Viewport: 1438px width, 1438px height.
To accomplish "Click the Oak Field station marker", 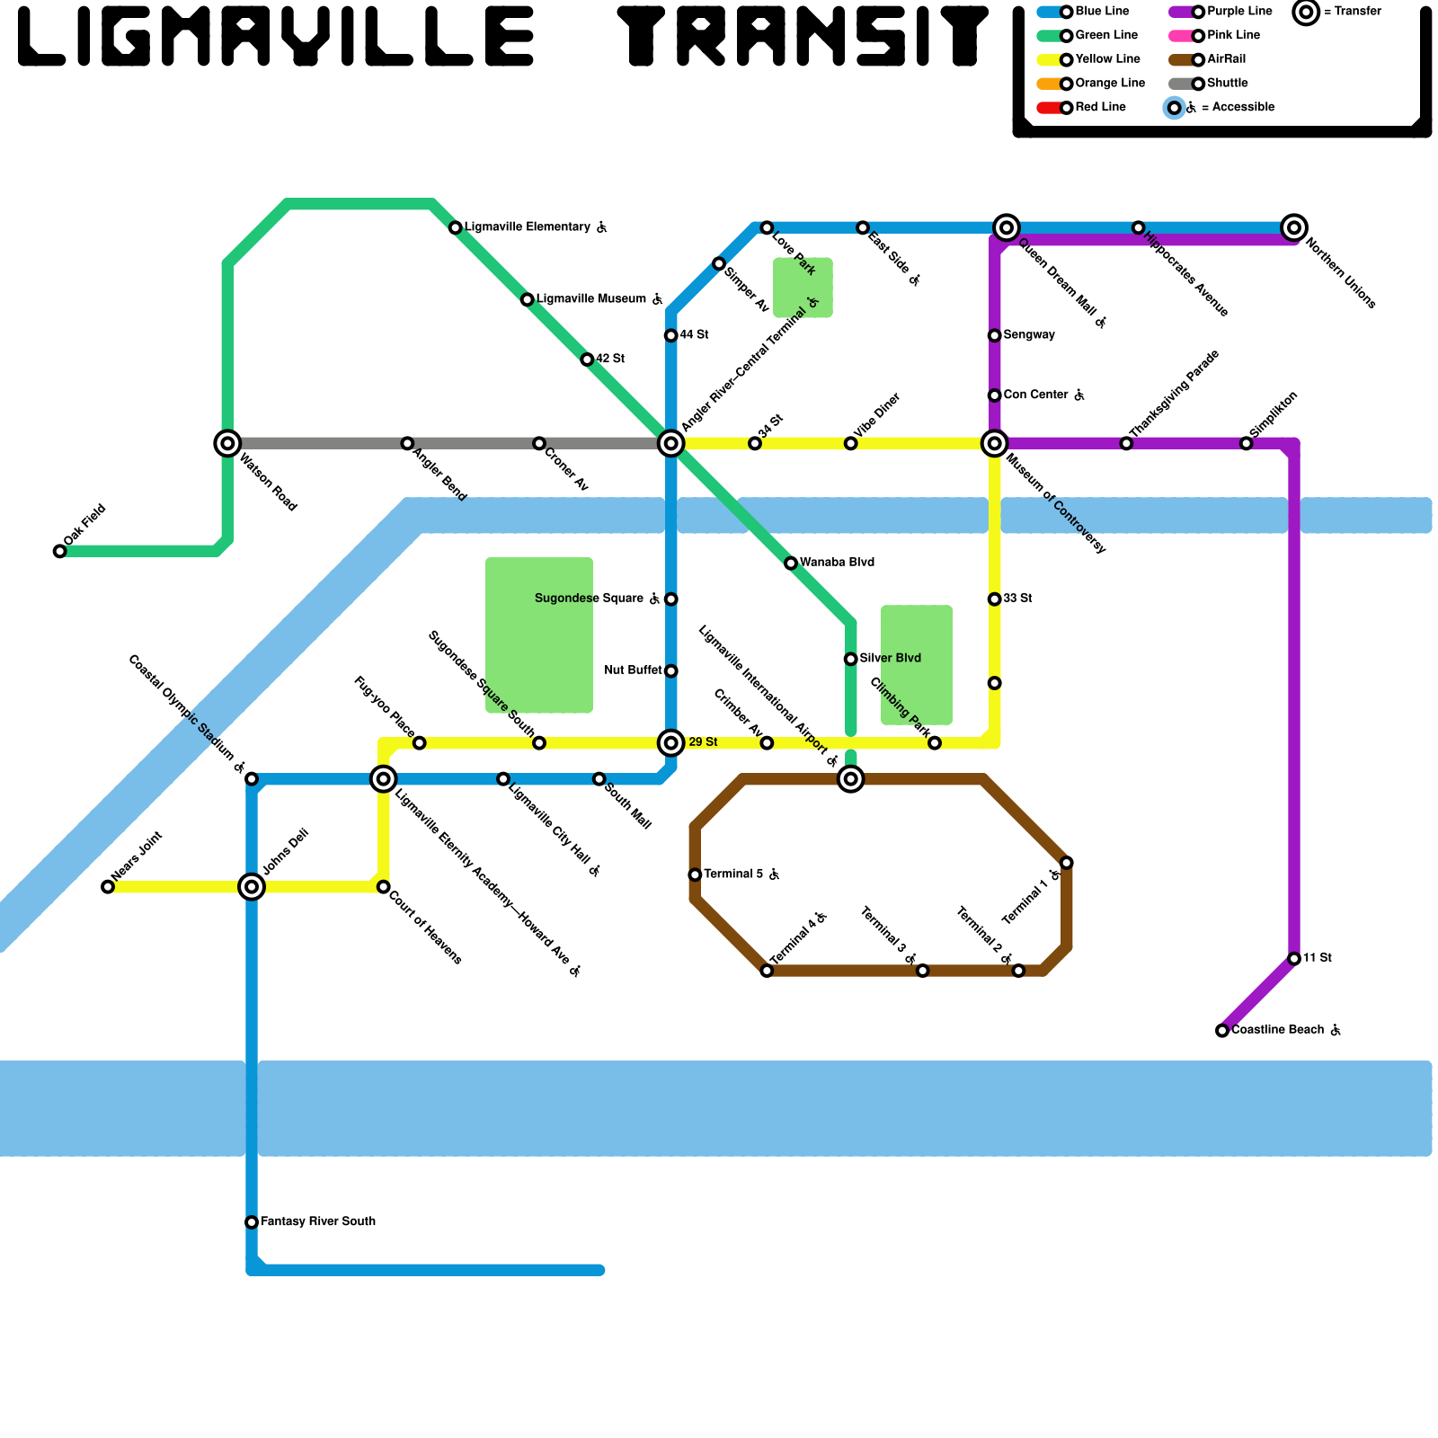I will [x=59, y=551].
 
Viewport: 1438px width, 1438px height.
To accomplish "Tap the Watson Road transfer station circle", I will [x=227, y=443].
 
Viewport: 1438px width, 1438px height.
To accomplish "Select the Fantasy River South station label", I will [x=317, y=1221].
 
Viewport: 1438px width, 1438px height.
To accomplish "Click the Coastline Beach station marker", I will [x=1222, y=1031].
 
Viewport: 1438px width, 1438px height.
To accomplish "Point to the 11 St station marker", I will [x=1294, y=959].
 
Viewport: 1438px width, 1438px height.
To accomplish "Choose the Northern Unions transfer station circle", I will [x=1294, y=227].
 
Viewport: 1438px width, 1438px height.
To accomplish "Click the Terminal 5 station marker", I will [x=695, y=874].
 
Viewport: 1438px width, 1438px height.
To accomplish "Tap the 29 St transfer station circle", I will [x=671, y=743].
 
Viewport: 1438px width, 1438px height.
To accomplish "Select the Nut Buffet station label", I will [x=634, y=670].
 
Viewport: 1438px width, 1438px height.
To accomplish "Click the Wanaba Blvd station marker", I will [x=791, y=564].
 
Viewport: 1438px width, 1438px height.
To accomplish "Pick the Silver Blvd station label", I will [x=890, y=659].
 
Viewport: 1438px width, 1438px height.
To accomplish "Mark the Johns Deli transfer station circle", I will [x=252, y=887].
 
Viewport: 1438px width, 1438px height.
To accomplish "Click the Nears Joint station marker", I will [x=108, y=887].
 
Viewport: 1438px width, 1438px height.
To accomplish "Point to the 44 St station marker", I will [x=671, y=335].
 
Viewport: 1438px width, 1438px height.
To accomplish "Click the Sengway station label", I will [x=1028, y=335].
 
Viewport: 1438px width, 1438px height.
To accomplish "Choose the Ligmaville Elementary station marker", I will [x=456, y=227].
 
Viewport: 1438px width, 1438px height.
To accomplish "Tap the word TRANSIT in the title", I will [x=804, y=38].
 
